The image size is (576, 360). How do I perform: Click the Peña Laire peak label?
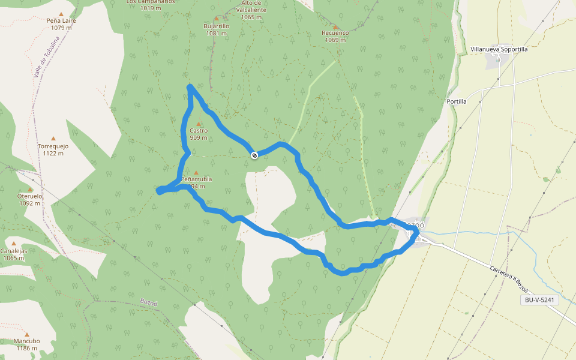(x=61, y=23)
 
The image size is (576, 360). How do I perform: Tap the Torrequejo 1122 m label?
(x=53, y=149)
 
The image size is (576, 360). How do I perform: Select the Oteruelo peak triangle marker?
(x=29, y=189)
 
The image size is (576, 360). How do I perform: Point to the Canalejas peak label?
(x=13, y=254)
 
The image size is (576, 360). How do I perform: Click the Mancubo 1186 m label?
(x=27, y=344)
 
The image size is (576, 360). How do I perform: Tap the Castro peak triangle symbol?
(x=199, y=124)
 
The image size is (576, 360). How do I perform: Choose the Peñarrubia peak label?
(x=197, y=182)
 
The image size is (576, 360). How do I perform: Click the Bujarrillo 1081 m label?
(x=217, y=30)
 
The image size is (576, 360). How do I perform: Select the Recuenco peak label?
(x=335, y=36)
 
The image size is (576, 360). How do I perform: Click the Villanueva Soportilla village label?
(x=499, y=49)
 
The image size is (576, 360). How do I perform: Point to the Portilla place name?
(x=457, y=101)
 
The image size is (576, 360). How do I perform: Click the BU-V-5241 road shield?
(x=541, y=300)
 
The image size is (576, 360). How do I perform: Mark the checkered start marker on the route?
(x=255, y=155)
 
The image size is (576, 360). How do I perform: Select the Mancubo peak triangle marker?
(x=27, y=334)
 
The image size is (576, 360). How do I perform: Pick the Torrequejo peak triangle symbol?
(x=53, y=139)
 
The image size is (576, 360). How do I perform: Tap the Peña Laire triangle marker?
(x=61, y=13)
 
